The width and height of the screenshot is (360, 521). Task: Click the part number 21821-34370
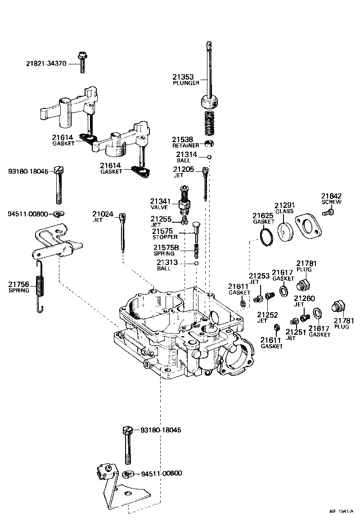pos(45,64)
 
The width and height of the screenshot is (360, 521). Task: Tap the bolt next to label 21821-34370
pos(83,62)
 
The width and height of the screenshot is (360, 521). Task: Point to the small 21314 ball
pos(209,157)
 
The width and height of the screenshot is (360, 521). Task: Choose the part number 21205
pos(184,169)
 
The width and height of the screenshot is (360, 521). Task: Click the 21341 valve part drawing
pos(184,201)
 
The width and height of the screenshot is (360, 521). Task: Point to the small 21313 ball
pos(196,263)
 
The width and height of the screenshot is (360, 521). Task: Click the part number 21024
pos(103,214)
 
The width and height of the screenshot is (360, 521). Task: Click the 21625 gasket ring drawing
pos(267,237)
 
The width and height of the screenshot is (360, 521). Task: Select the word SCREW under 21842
pos(331,202)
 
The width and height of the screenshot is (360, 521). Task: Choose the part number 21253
pos(260,276)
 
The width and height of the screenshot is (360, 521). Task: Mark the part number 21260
pos(304,298)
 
